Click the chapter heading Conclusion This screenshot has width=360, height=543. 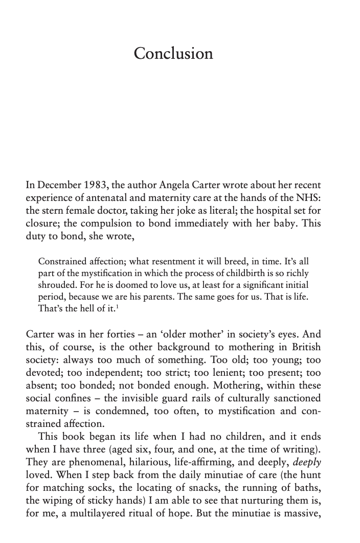coord(173,54)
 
